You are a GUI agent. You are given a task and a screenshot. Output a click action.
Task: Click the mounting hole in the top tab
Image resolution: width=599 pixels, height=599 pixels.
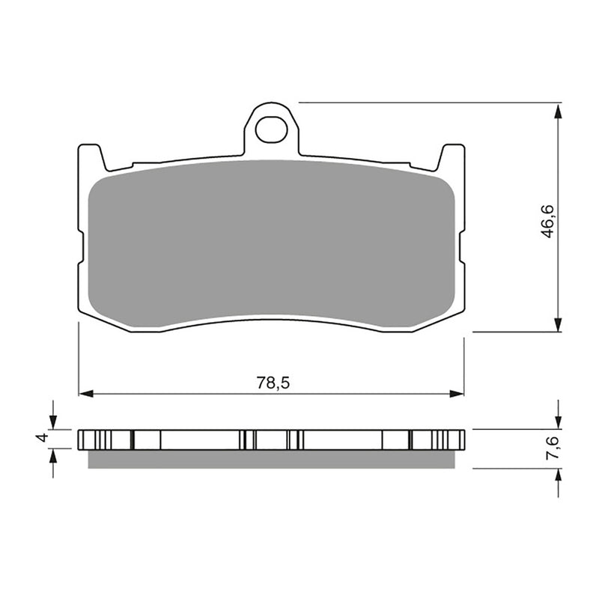pyautogui.click(x=271, y=130)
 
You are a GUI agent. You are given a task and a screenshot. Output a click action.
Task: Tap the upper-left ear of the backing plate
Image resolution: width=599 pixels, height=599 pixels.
pyautogui.click(x=90, y=156)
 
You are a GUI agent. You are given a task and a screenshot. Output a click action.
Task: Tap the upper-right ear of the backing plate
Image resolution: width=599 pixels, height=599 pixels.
pyautogui.click(x=452, y=156)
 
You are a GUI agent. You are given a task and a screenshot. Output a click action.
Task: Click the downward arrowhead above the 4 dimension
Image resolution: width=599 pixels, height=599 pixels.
pyautogui.click(x=52, y=422)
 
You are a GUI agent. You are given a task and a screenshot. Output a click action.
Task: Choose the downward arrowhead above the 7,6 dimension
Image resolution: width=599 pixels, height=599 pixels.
pyautogui.click(x=558, y=422)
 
